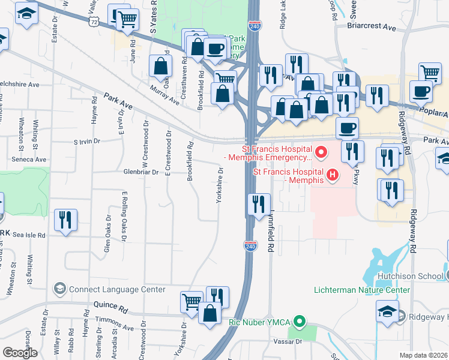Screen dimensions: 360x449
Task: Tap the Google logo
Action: (x=20, y=352)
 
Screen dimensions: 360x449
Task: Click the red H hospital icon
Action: (x=332, y=176)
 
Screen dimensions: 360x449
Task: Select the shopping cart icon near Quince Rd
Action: (x=192, y=301)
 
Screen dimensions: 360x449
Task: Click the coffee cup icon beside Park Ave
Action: (x=347, y=127)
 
